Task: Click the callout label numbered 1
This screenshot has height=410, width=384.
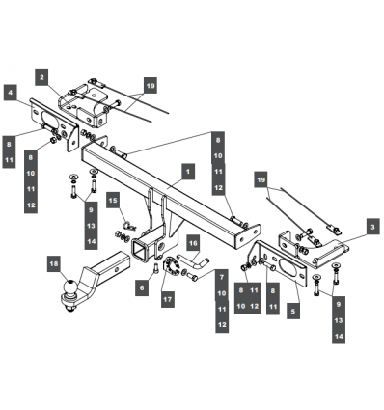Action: tap(188, 172)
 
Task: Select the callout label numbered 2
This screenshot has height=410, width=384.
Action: tap(41, 77)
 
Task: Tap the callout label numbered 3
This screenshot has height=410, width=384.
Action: tap(372, 227)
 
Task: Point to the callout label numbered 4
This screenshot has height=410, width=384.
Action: tap(11, 93)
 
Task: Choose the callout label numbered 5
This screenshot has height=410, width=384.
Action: tap(293, 311)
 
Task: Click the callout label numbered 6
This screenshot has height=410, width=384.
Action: tap(142, 287)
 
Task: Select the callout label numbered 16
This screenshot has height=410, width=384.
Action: tap(193, 243)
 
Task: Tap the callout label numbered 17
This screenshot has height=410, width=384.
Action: tap(168, 299)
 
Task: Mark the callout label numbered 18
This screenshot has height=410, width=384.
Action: tap(54, 264)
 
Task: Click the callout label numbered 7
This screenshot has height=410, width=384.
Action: tap(222, 277)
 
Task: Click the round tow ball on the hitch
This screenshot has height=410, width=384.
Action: tap(69, 287)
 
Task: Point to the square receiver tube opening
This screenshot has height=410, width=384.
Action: tap(141, 249)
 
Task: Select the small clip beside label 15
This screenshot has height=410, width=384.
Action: tap(129, 226)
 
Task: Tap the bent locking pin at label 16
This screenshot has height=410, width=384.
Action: tap(193, 261)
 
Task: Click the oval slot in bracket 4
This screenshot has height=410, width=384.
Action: tap(51, 119)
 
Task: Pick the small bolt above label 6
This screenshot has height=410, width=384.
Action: tap(156, 268)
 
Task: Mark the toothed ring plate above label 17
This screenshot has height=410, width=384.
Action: tap(172, 266)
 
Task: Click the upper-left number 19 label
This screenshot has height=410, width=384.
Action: tap(151, 85)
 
